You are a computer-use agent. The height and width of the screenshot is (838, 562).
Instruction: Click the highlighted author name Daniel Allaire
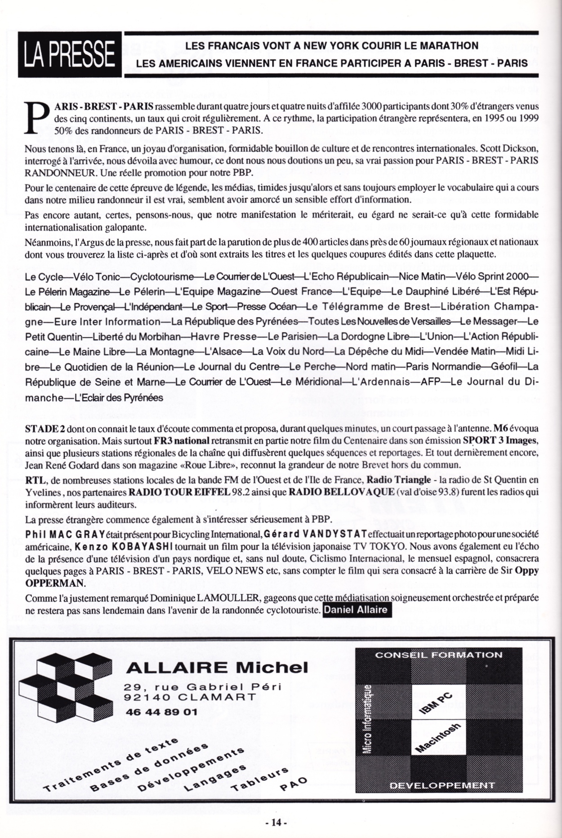pyautogui.click(x=355, y=610)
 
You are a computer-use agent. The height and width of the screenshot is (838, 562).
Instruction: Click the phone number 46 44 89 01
pyautogui.click(x=161, y=712)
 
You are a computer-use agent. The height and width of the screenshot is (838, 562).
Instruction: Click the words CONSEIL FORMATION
pyautogui.click(x=438, y=655)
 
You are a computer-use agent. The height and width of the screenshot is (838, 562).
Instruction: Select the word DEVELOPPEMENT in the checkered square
pyautogui.click(x=442, y=785)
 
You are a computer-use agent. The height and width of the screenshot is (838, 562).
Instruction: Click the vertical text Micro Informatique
pyautogui.click(x=368, y=719)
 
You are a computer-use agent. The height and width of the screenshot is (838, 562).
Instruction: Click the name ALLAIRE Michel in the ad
pyautogui.click(x=217, y=667)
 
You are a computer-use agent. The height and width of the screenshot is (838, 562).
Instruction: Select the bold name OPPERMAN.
pyautogui.click(x=55, y=583)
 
